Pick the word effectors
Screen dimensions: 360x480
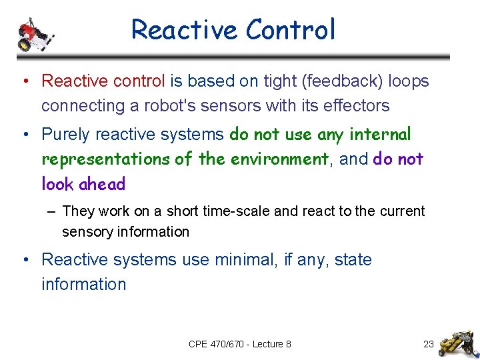[x=357, y=105]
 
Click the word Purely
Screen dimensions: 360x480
[x=65, y=134]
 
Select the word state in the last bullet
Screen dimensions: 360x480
[x=350, y=259]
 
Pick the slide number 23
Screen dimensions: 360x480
[x=429, y=344]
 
